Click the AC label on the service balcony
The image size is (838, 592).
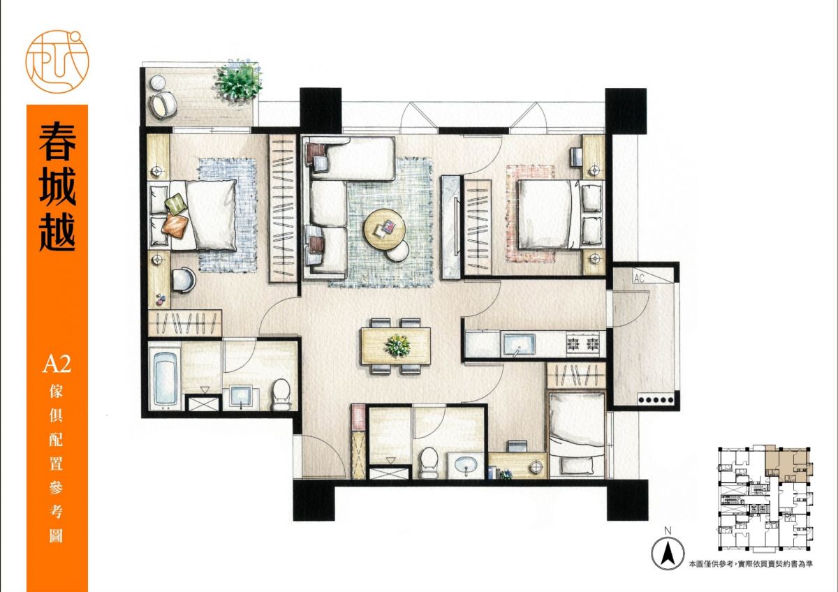[x=639, y=279]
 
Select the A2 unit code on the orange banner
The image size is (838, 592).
[x=57, y=364]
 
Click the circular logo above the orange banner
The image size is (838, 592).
[x=57, y=61]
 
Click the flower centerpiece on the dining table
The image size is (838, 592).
[x=398, y=346]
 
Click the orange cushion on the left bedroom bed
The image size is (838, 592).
[x=175, y=225]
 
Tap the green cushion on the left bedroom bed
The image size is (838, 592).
[x=176, y=204]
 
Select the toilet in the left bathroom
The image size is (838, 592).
[x=281, y=394]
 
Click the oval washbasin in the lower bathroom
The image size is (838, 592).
[x=466, y=466]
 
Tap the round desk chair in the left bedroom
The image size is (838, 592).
[x=183, y=280]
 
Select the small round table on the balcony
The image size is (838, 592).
[x=159, y=83]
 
